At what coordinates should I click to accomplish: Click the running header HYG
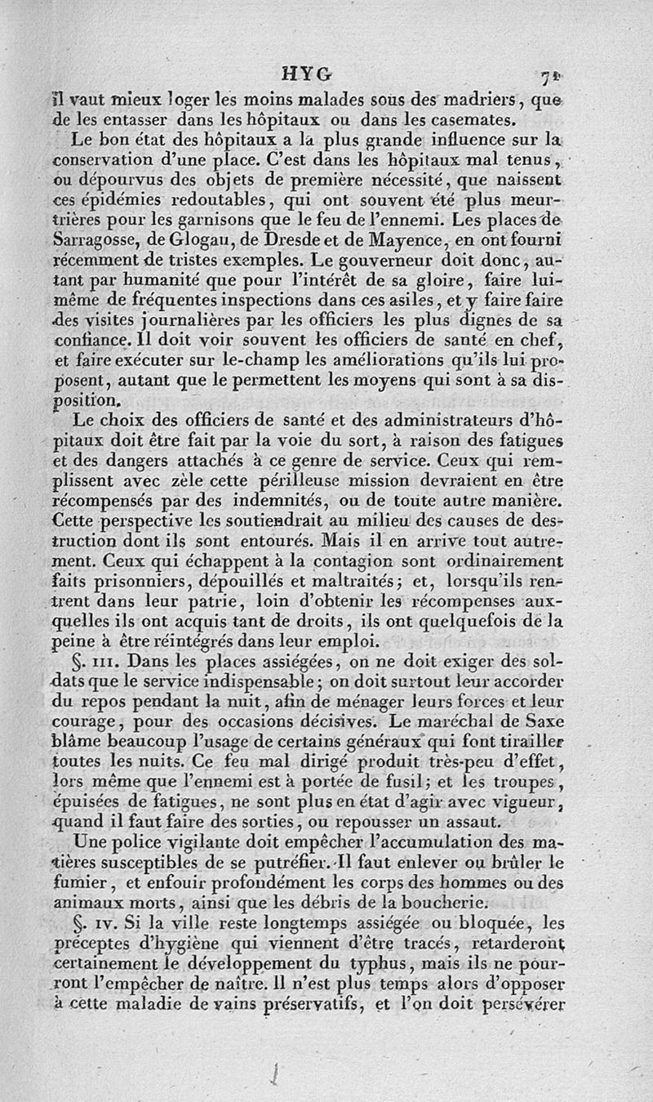(x=306, y=76)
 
